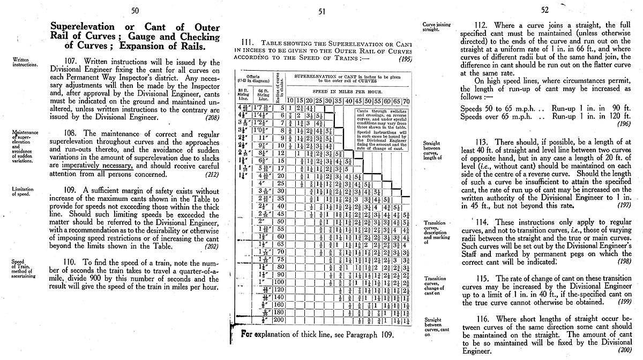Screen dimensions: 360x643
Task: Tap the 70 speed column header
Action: [406, 101]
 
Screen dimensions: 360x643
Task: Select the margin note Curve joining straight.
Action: [436, 27]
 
